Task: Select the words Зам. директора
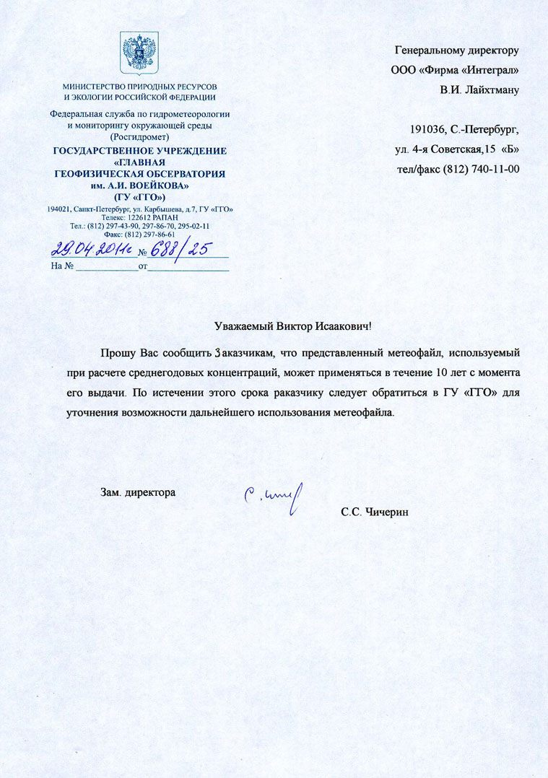[x=137, y=493]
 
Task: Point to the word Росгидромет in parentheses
[x=139, y=136]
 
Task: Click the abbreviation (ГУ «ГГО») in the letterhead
[x=140, y=196]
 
